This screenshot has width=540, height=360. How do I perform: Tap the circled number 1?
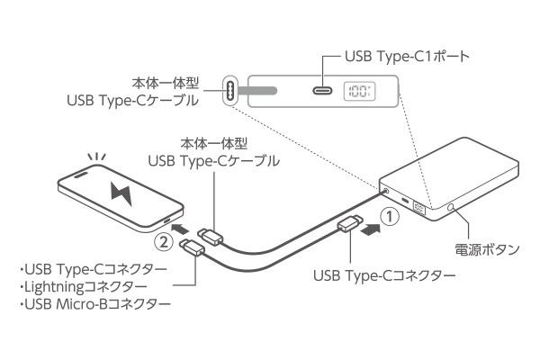click(x=386, y=216)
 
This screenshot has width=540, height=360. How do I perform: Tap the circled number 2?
click(x=162, y=241)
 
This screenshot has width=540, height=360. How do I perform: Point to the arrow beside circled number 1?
click(x=369, y=229)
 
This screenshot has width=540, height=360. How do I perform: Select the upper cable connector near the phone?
click(x=212, y=237)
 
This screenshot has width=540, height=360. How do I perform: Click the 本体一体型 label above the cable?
click(x=213, y=143)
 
